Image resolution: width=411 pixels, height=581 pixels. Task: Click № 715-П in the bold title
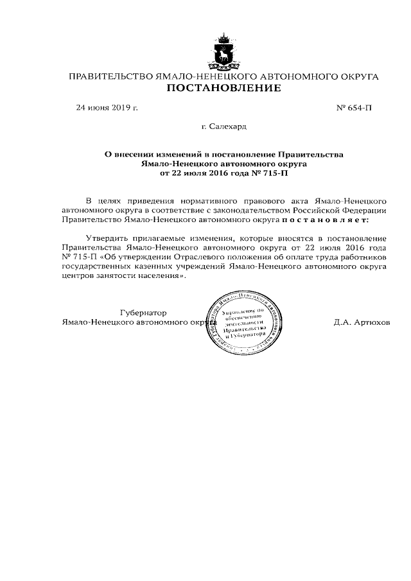(x=269, y=173)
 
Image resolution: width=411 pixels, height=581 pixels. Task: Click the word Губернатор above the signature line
(x=148, y=313)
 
